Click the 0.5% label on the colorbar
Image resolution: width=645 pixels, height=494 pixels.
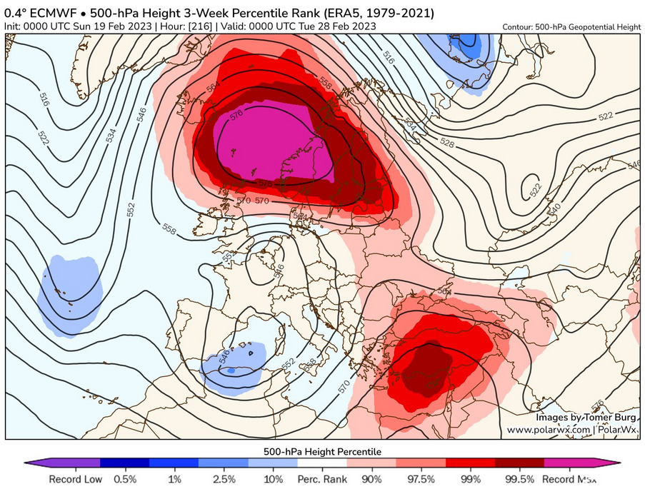[x=126, y=479]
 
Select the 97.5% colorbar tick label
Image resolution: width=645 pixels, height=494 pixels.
[x=421, y=479]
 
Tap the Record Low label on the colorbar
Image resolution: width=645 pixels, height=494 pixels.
[x=75, y=479]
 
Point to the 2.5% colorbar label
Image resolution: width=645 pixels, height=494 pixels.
[x=224, y=479]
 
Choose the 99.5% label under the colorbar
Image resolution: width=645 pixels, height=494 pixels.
[x=519, y=479]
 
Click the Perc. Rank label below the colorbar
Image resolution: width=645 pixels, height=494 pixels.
[x=322, y=479]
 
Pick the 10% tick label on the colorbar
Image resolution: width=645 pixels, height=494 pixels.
[x=273, y=479]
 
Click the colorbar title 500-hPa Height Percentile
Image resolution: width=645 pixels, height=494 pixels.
[x=322, y=452]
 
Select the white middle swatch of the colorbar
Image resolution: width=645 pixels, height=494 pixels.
[x=322, y=463]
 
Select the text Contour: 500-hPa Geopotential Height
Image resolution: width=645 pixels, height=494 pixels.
[x=571, y=26]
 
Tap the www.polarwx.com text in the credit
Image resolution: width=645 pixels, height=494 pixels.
[x=549, y=430]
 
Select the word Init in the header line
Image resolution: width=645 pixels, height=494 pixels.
[x=13, y=26]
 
